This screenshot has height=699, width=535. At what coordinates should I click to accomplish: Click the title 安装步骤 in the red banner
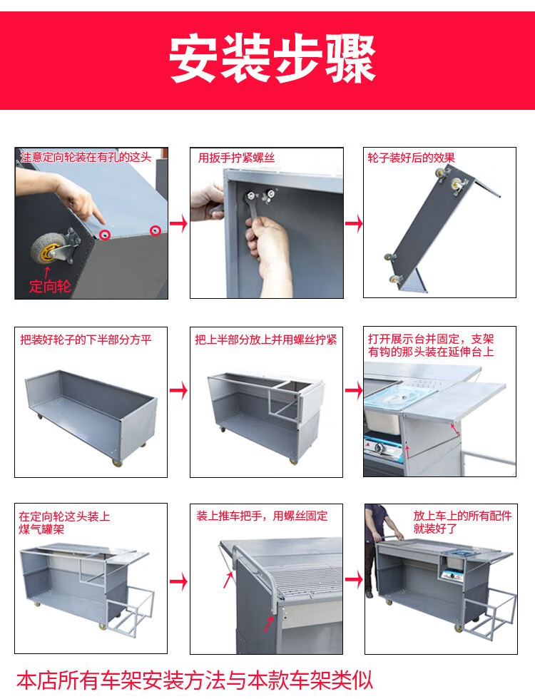(272, 59)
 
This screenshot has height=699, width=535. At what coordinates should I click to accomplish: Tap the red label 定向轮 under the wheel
(51, 287)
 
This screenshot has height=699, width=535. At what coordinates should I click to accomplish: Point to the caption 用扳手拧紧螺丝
(236, 158)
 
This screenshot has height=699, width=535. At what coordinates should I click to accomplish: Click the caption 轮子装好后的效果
(411, 158)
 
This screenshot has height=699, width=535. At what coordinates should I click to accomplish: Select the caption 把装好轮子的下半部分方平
(86, 340)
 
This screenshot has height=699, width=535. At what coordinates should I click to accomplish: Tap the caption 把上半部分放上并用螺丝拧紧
(265, 340)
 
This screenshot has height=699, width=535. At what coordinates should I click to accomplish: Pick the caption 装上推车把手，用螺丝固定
(262, 515)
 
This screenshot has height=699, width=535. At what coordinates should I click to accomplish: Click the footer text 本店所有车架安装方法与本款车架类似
(195, 678)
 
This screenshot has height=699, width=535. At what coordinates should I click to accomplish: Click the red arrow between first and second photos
(179, 224)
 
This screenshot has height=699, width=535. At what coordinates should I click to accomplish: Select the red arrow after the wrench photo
(354, 224)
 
